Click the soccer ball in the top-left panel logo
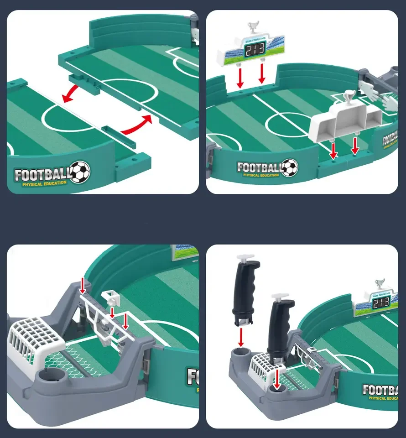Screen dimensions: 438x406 point(80,172)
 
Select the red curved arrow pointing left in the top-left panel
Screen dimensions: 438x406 point(73,94)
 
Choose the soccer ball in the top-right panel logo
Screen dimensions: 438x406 point(289,167)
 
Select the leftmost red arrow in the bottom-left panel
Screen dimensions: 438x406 point(83,287)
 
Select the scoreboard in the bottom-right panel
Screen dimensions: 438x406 point(375,303)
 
